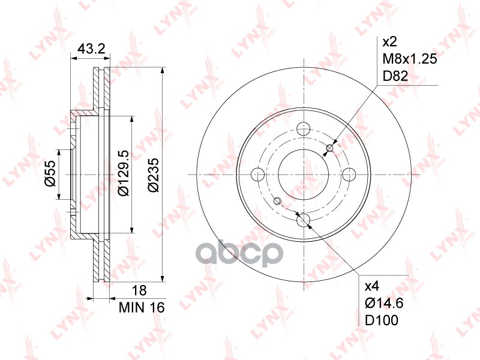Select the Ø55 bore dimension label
point(51,173)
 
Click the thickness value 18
point(139,291)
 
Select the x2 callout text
point(391,43)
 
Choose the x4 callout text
point(373,286)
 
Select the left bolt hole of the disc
point(258,174)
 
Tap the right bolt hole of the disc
point(350,174)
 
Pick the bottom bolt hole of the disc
point(304,220)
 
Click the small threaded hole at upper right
point(329,148)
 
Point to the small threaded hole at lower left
point(277,200)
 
